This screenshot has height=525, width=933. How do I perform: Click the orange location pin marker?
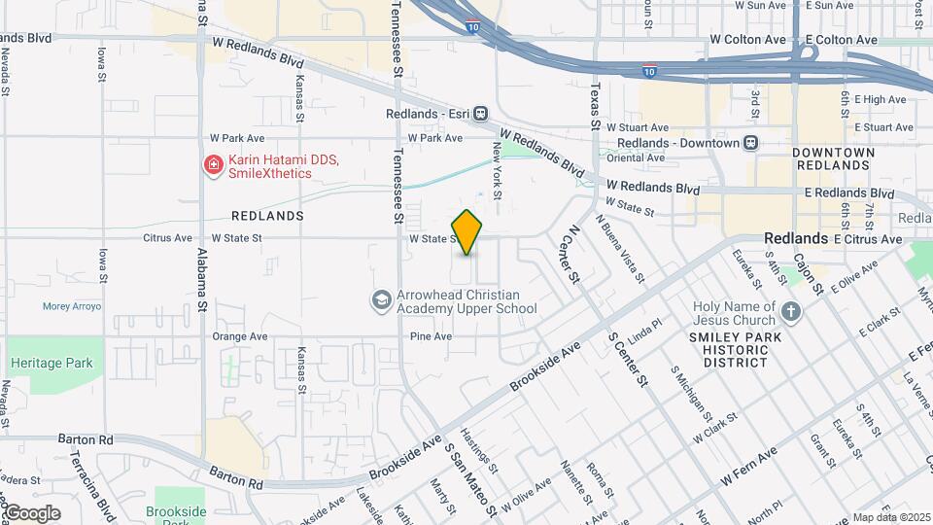(x=467, y=232)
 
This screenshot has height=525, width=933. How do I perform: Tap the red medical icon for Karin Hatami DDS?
(x=212, y=166)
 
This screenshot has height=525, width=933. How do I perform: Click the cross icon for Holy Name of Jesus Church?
(x=791, y=313)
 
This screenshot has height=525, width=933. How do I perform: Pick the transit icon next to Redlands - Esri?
(x=480, y=114)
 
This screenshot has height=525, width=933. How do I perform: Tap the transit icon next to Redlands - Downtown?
(x=750, y=143)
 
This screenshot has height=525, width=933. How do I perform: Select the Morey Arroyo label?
(x=72, y=306)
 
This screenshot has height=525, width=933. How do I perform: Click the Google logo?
(x=31, y=513)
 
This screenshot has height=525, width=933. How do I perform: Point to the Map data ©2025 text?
(x=891, y=517)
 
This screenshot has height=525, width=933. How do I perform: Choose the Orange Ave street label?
(x=239, y=336)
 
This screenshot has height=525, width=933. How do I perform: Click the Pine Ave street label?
(x=431, y=336)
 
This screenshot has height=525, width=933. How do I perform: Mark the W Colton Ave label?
(x=746, y=40)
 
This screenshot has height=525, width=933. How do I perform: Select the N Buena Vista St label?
(x=622, y=249)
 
